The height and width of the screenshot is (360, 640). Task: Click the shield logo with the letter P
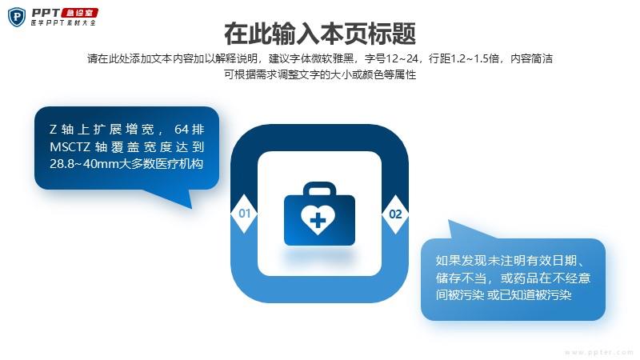(x=17, y=17)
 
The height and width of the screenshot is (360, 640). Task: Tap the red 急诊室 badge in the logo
(x=79, y=13)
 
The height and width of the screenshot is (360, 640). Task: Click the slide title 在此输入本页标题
(x=320, y=34)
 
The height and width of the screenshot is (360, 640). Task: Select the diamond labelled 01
(x=244, y=214)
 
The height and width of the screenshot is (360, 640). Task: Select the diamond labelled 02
(x=395, y=214)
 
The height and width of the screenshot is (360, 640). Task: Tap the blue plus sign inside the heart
(x=318, y=222)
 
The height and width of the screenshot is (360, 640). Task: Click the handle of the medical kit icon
(x=319, y=190)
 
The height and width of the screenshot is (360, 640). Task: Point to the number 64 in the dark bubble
(x=182, y=130)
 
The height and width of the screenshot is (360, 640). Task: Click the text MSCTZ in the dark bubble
(x=70, y=146)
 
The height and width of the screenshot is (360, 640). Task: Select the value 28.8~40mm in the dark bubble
(x=74, y=164)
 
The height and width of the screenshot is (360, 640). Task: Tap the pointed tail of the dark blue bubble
(x=190, y=207)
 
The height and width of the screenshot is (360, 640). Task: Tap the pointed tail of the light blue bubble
(x=450, y=222)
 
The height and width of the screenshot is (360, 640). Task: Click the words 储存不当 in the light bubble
(x=461, y=278)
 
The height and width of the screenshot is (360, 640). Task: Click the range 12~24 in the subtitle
(x=402, y=58)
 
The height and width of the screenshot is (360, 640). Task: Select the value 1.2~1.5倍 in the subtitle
(x=474, y=58)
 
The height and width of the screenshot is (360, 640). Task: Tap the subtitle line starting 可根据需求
(x=320, y=74)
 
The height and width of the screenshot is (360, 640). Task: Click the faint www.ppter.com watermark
(x=599, y=352)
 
